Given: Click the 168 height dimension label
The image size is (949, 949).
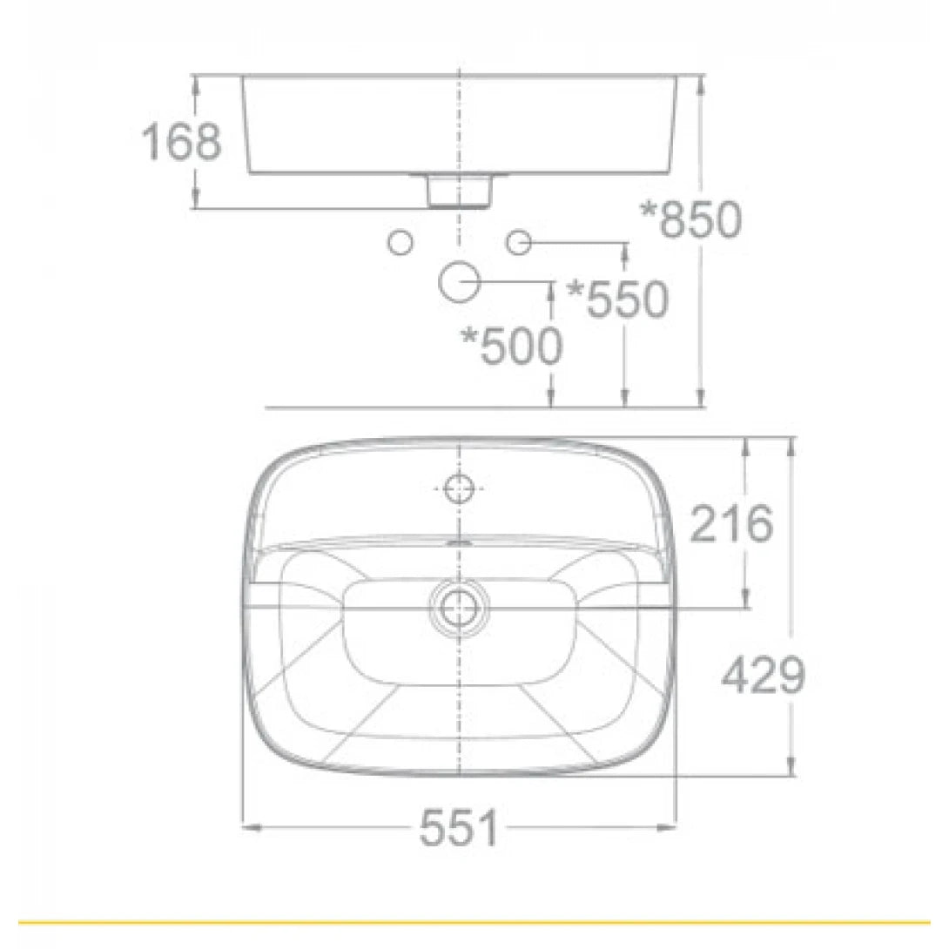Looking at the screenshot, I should point(182,142).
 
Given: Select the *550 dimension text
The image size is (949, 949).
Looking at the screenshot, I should point(617,299).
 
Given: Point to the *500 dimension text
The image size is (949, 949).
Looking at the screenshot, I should point(511,347).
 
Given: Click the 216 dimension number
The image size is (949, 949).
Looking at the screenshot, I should point(731,523).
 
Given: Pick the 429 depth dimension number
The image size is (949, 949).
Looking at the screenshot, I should point(764,676).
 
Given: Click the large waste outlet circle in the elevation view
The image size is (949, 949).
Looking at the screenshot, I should point(460,280).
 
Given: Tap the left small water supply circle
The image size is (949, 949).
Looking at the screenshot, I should point(400,241).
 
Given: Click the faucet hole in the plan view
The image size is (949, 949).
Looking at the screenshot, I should point(459,488).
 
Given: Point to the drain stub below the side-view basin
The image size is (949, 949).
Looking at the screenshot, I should point(459,191).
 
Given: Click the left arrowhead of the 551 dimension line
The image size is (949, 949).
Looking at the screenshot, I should point(246,827).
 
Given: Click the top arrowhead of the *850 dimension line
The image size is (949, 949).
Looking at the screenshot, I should point(701,81).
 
